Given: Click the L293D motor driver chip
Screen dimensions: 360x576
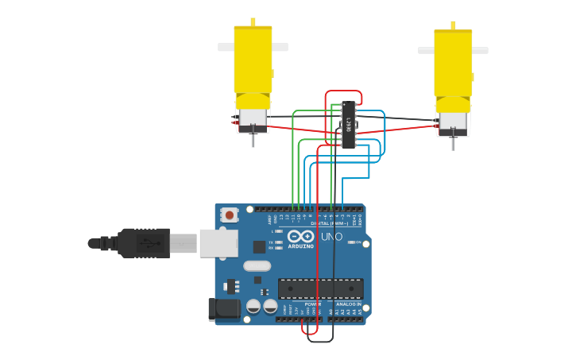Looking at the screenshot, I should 348,125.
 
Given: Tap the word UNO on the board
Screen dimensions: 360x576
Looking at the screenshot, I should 331,236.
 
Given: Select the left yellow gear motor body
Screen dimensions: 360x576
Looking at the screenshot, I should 253,60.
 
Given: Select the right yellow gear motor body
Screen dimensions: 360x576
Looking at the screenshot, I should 453,64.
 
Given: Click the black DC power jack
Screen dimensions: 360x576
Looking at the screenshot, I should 223,309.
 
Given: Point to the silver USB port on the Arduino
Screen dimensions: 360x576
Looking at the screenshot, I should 218,243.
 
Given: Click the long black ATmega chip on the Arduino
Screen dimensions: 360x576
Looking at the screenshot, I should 320,288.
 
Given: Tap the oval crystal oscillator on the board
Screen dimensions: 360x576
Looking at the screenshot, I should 257,266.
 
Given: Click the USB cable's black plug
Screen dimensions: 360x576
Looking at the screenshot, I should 144,242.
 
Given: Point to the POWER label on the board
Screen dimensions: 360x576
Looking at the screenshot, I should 313,304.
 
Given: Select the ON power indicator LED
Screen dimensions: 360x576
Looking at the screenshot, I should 350,242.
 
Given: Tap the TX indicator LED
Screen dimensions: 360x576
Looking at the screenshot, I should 279,242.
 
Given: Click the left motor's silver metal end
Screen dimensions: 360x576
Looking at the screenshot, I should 253,119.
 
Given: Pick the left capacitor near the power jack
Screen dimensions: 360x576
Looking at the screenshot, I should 253,306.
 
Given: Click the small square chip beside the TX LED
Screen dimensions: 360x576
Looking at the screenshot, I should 259,246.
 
